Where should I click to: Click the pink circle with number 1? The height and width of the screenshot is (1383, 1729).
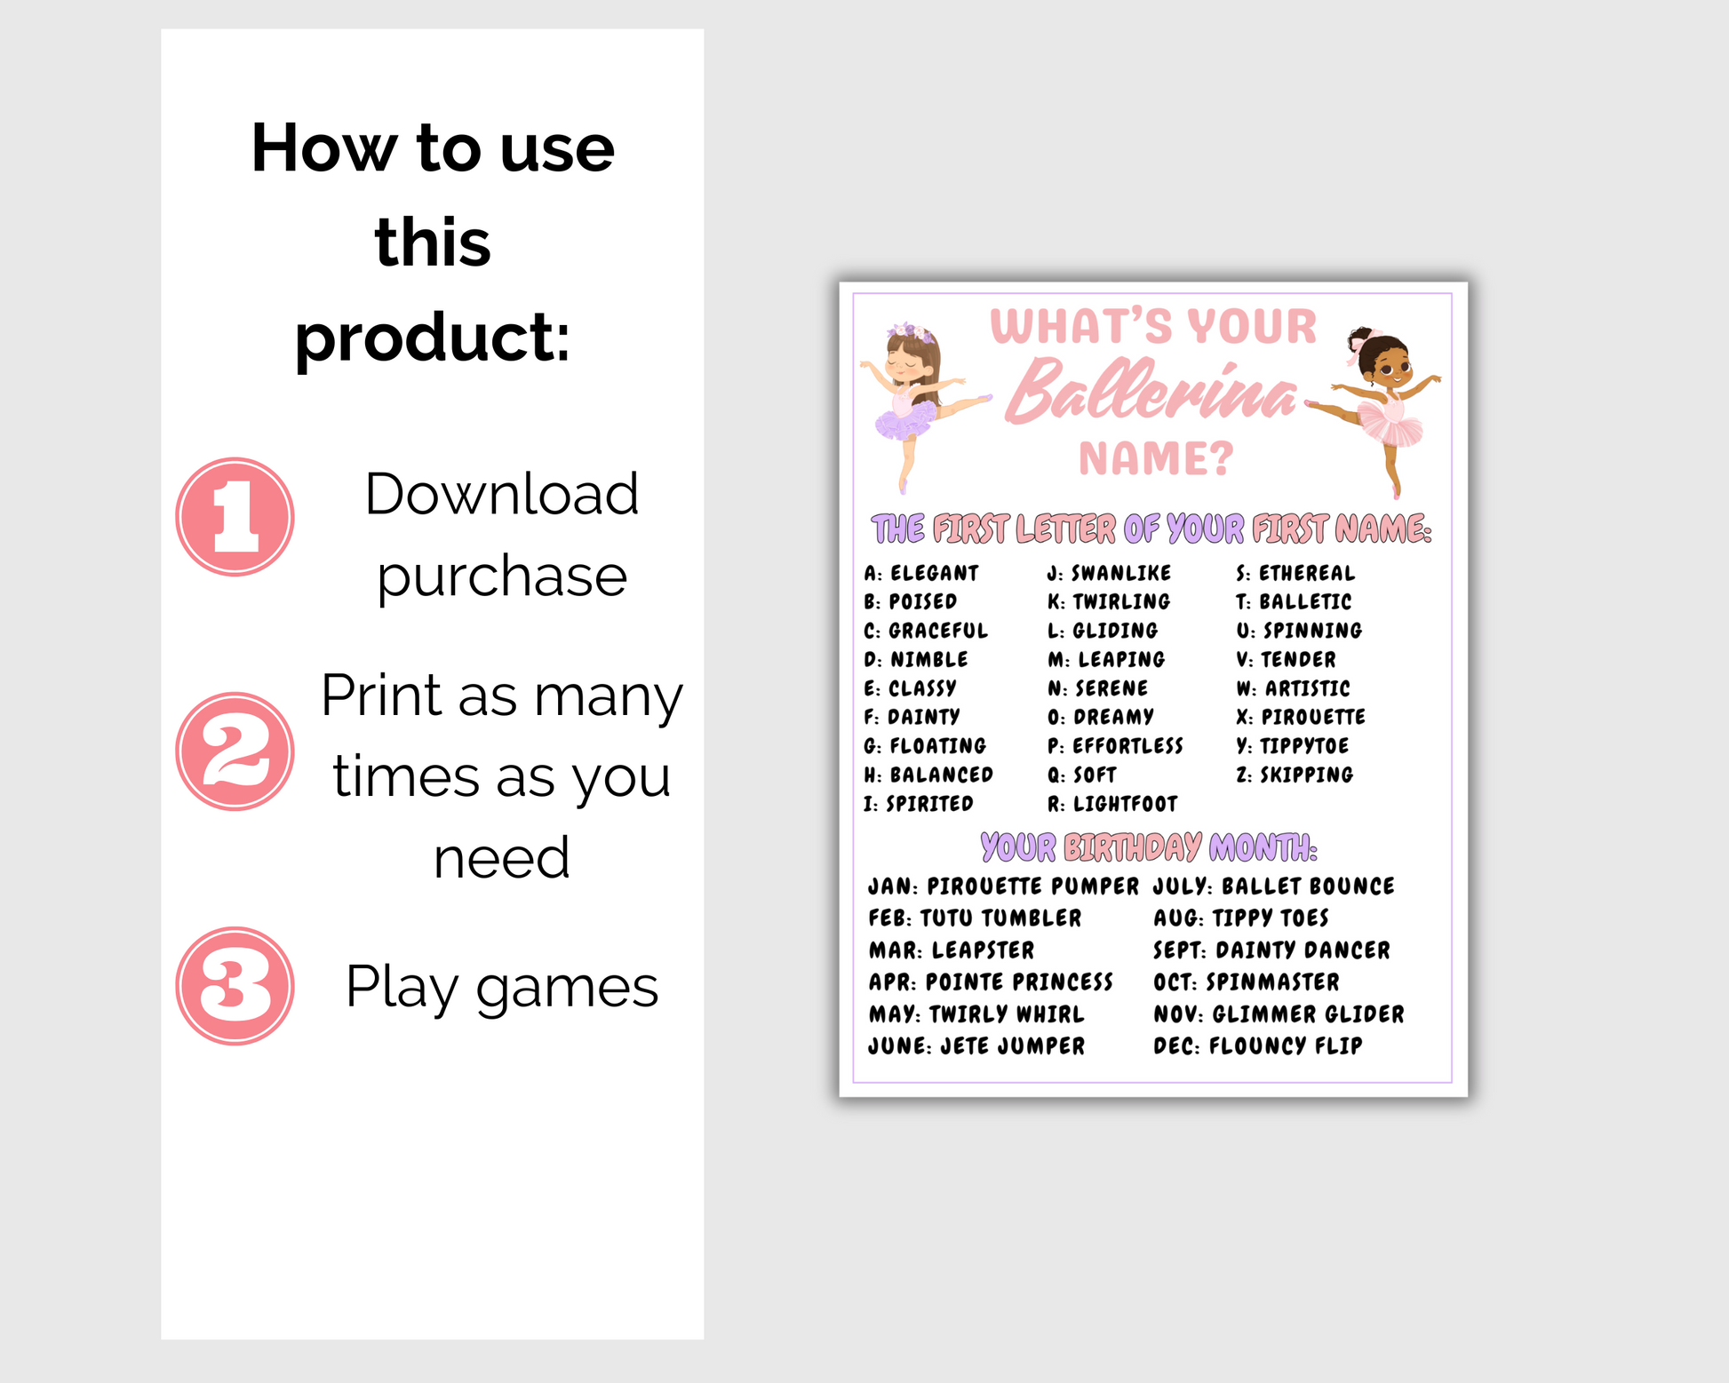click(235, 517)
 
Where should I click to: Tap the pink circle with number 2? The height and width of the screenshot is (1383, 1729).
click(235, 751)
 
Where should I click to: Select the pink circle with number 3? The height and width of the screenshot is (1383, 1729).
click(235, 986)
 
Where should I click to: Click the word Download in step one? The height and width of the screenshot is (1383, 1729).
click(502, 494)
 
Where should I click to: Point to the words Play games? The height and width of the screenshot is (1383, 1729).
click(502, 988)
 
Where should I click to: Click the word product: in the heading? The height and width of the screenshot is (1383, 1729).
click(433, 339)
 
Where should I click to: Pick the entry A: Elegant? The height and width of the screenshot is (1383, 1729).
click(921, 573)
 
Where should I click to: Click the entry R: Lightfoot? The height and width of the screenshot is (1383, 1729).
click(1112, 804)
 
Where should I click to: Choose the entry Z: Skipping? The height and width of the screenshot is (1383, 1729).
click(1295, 775)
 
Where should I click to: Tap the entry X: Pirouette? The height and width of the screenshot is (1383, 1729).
click(1301, 717)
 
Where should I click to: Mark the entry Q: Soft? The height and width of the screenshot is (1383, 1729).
click(1081, 775)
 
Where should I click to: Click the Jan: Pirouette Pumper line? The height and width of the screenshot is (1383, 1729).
click(1003, 886)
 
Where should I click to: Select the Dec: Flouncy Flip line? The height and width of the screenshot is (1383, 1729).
click(1257, 1046)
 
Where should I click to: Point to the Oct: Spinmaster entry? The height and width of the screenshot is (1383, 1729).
click(1247, 982)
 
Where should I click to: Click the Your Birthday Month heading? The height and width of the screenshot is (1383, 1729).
click(1149, 847)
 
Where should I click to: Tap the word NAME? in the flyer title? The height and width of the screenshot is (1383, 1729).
click(1157, 459)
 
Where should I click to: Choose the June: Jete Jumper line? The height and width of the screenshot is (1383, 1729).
click(976, 1046)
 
